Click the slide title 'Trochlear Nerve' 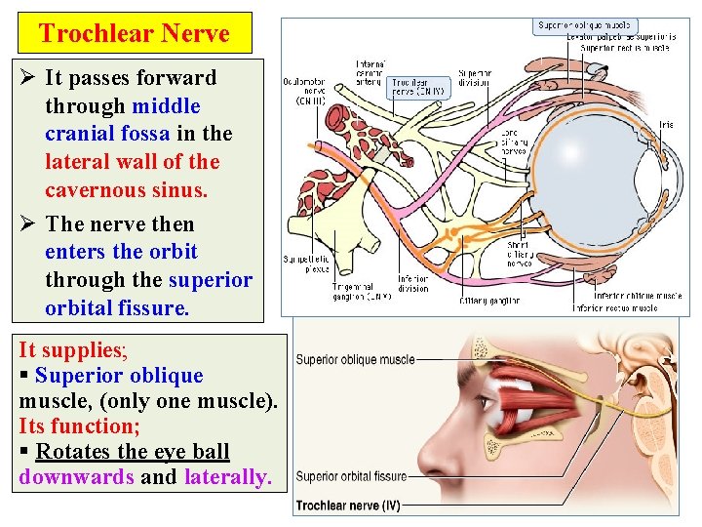point(135,33)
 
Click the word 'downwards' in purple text point(76,477)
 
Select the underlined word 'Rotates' point(74,452)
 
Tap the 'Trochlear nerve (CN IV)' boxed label point(418,88)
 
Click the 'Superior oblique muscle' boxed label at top point(584,25)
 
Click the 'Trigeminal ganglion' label point(362,291)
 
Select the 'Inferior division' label point(412,283)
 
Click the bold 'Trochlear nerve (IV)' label point(348,506)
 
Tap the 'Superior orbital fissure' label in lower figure point(351,476)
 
